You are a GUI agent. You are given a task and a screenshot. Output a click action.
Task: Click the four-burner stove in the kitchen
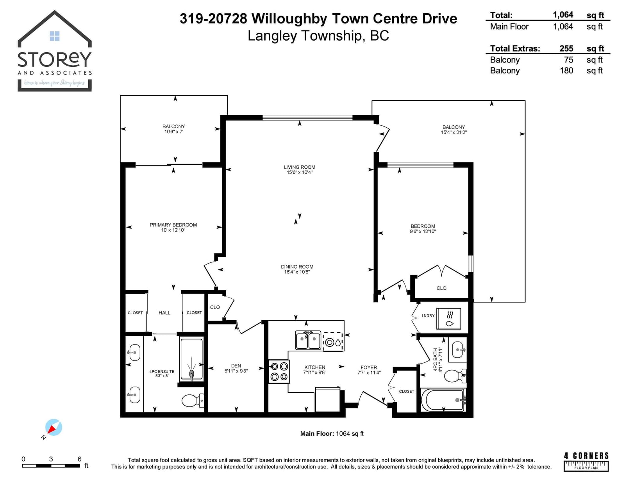pos(279,371)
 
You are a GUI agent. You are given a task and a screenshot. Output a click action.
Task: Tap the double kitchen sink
pos(308,340)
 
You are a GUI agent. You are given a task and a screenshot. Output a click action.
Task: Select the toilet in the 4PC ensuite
pos(193,400)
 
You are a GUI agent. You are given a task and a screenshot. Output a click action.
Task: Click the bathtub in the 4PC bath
pos(443,400)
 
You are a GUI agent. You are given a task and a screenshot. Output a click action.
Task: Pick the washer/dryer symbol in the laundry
pos(449,319)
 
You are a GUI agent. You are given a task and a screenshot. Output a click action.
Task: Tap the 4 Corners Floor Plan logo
pos(586,462)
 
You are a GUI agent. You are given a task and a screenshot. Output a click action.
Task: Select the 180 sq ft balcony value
pos(566,71)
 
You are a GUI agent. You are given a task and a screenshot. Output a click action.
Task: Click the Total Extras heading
pos(515,48)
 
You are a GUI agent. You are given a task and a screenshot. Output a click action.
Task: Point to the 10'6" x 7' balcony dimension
pos(174,132)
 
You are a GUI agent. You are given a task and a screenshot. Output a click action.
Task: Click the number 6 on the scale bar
pos(79,459)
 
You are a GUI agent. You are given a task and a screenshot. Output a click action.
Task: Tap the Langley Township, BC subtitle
pos(318,36)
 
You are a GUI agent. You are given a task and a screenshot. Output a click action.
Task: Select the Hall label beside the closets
pos(164,312)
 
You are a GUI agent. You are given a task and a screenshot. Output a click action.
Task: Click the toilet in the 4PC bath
pos(455,376)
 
